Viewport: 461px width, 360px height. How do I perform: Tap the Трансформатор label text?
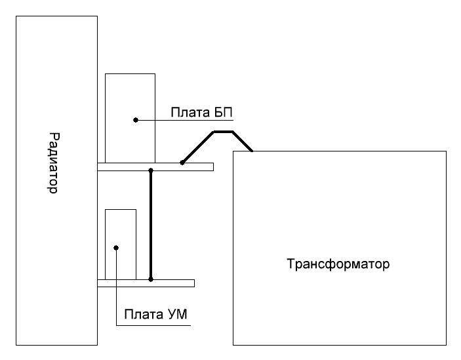(338, 266)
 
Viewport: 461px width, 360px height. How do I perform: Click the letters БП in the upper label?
(222, 113)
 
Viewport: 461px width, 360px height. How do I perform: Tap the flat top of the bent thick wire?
(223, 132)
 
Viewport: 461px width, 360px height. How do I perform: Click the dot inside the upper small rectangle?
(135, 120)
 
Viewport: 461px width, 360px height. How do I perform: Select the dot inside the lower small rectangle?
(115, 248)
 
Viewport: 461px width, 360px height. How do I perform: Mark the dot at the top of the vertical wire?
(151, 170)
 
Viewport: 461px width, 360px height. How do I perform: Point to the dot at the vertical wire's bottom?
(151, 279)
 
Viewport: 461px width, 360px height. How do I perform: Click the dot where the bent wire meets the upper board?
(182, 162)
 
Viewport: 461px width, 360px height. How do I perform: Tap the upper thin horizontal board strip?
(197, 167)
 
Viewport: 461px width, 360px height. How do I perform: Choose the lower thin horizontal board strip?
(177, 283)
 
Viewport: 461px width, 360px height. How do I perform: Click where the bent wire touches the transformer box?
(252, 151)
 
